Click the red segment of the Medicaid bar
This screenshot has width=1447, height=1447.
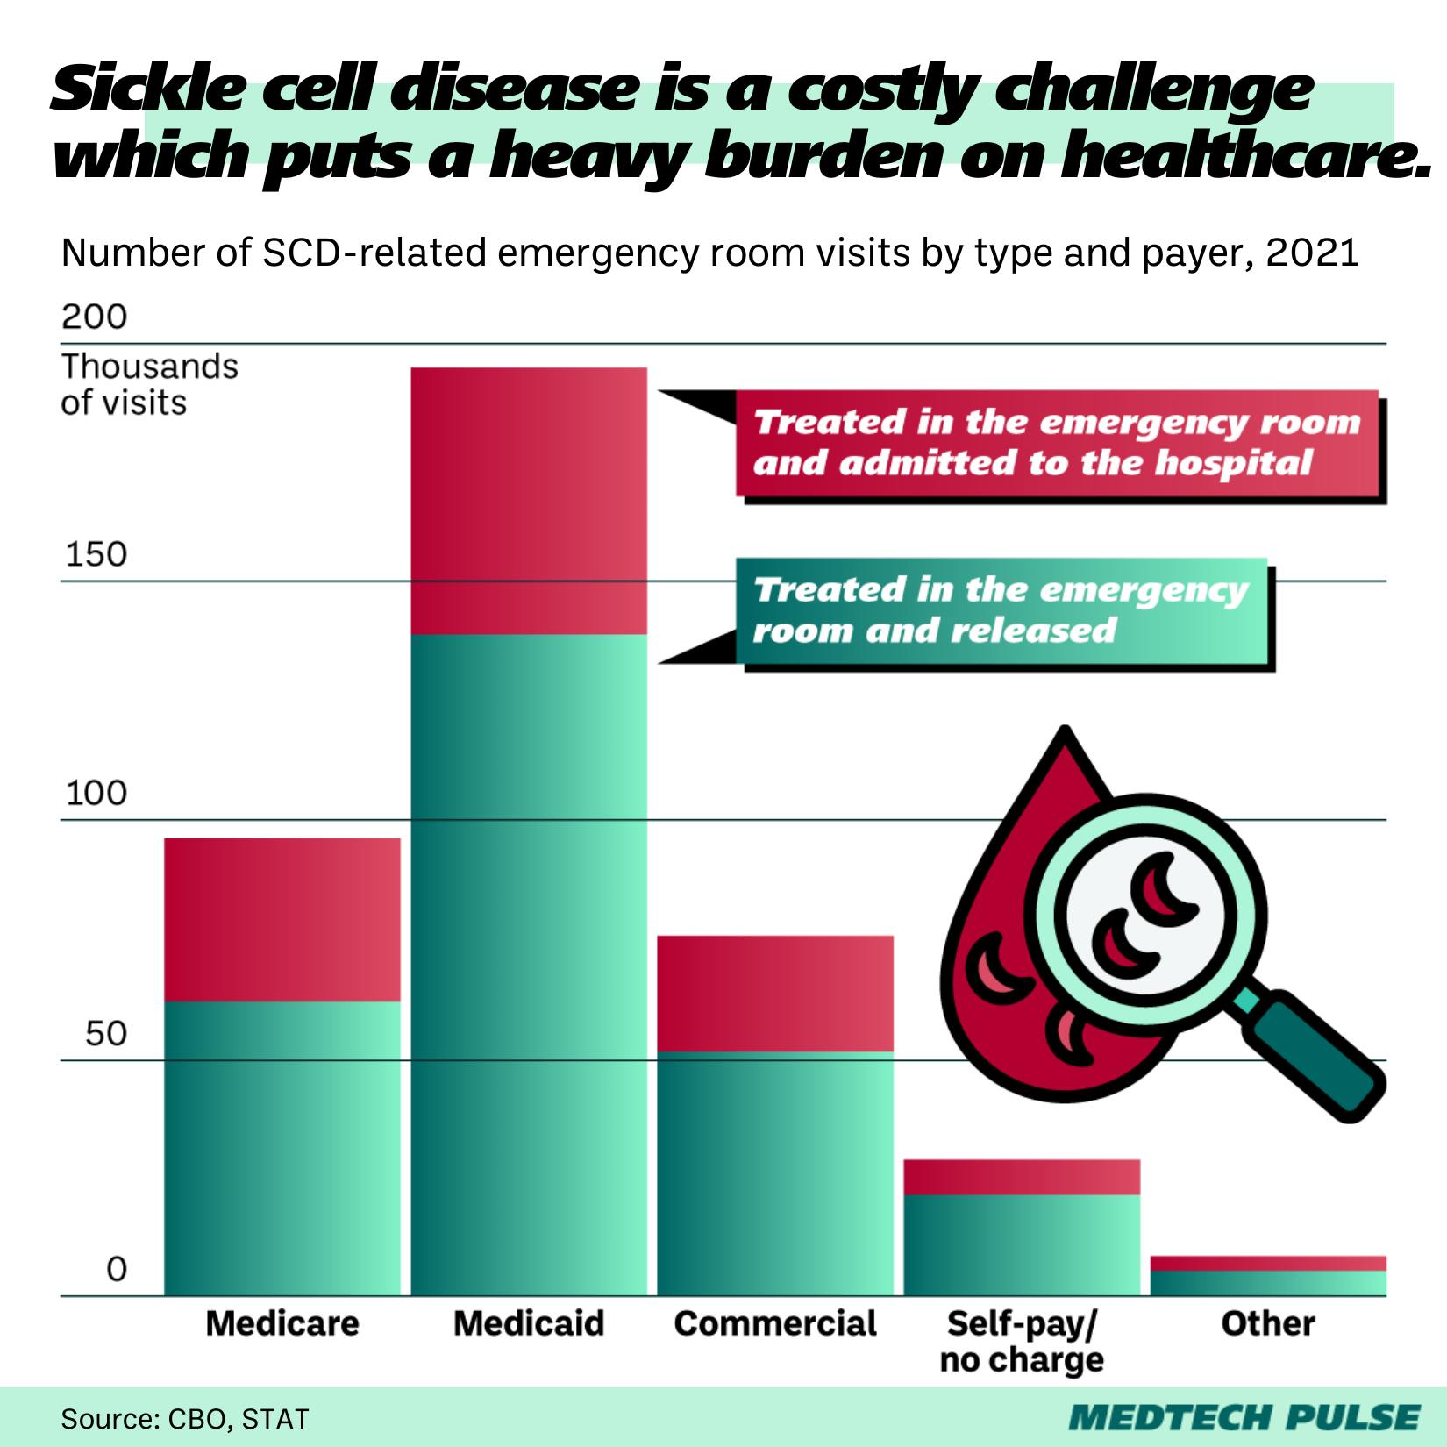[529, 500]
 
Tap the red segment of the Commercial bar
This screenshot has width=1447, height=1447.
[775, 993]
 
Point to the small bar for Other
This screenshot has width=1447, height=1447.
[1268, 1277]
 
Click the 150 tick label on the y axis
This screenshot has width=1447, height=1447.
[95, 555]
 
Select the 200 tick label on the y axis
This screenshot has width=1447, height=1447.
[95, 317]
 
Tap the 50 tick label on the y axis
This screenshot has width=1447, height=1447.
[105, 1034]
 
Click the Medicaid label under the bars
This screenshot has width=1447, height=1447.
[529, 1323]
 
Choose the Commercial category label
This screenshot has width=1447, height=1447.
[775, 1323]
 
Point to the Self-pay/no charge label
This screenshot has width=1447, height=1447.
[1022, 1341]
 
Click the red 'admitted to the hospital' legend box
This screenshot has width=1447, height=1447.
[1057, 443]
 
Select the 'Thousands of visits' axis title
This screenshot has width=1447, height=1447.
[149, 384]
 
